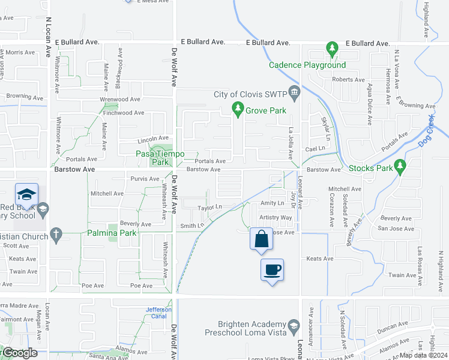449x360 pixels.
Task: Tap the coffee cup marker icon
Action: [272, 269]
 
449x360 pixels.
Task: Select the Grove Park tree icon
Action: [238, 109]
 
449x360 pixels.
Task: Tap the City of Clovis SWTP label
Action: [250, 95]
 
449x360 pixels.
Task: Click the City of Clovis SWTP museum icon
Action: [294, 92]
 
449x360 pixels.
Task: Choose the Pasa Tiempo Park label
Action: [152, 158]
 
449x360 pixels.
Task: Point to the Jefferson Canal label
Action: [158, 313]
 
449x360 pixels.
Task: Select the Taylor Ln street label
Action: [211, 207]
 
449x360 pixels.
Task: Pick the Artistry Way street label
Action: [276, 217]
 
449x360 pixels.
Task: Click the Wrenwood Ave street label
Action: [120, 99]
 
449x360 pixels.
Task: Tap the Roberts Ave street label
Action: [349, 80]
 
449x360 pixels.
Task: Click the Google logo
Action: [19, 353]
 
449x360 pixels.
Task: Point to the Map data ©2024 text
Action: [424, 355]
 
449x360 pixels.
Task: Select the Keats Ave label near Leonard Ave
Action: [319, 259]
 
